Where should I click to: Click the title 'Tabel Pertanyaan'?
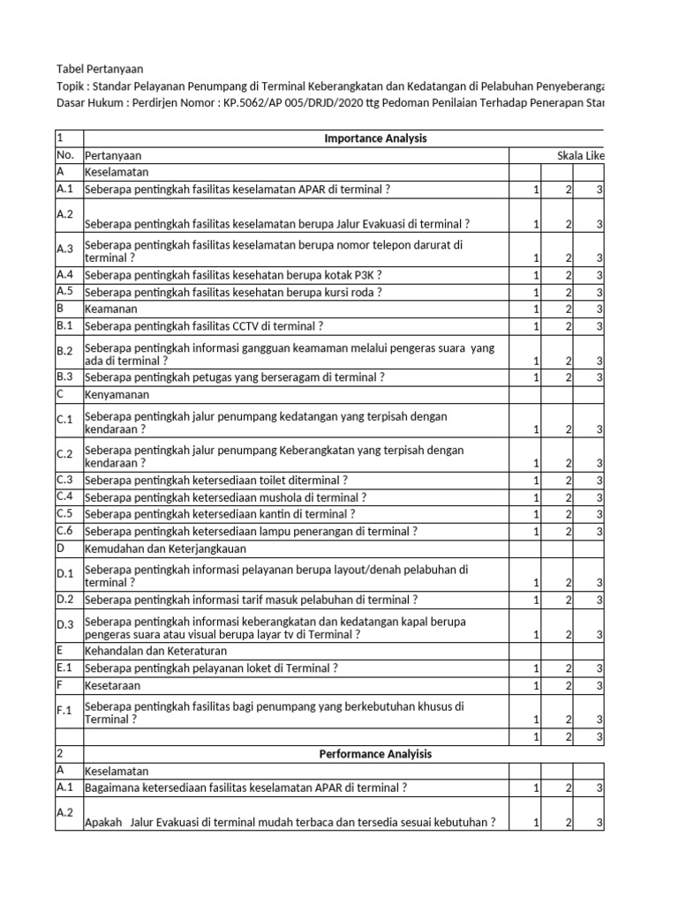click(x=99, y=68)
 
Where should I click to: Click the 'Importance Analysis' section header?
click(x=375, y=138)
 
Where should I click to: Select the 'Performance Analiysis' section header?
click(x=375, y=754)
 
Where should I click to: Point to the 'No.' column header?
click(x=66, y=155)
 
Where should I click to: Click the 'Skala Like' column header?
click(x=580, y=155)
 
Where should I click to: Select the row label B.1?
click(x=66, y=325)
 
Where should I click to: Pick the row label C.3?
click(x=66, y=480)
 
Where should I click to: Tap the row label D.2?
click(x=66, y=600)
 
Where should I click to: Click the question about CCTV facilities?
click(x=205, y=325)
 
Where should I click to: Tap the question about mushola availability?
click(x=225, y=496)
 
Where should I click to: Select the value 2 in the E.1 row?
click(x=568, y=668)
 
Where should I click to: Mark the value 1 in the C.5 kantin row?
click(x=535, y=514)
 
